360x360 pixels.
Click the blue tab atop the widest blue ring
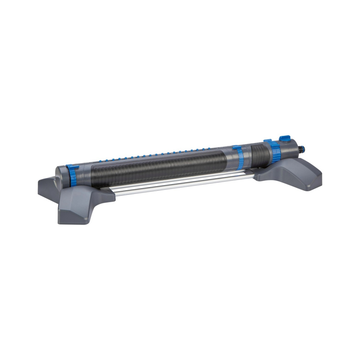point(267,141)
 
